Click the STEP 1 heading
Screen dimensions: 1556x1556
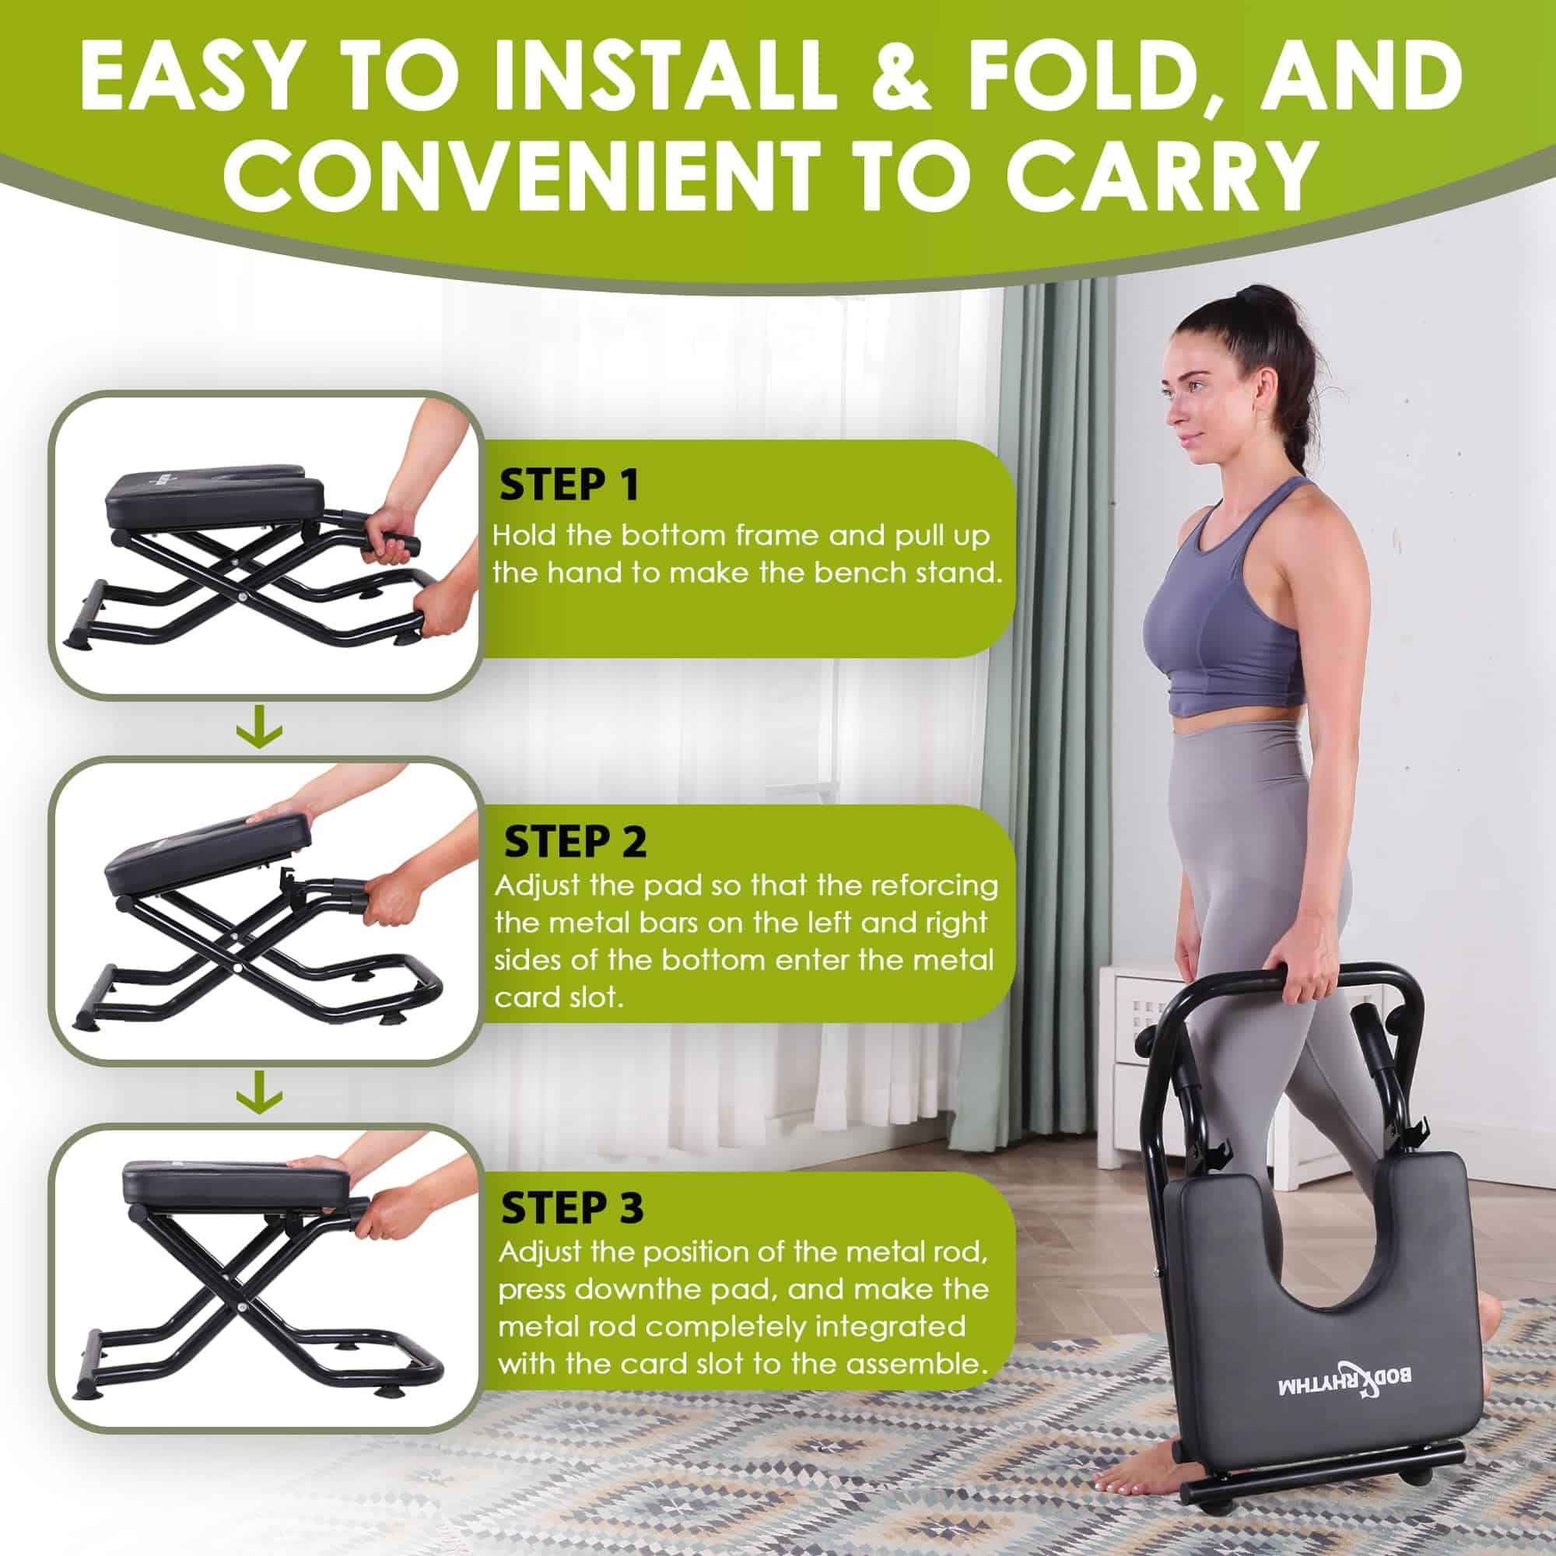point(569,485)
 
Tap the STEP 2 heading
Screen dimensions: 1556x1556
point(575,843)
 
